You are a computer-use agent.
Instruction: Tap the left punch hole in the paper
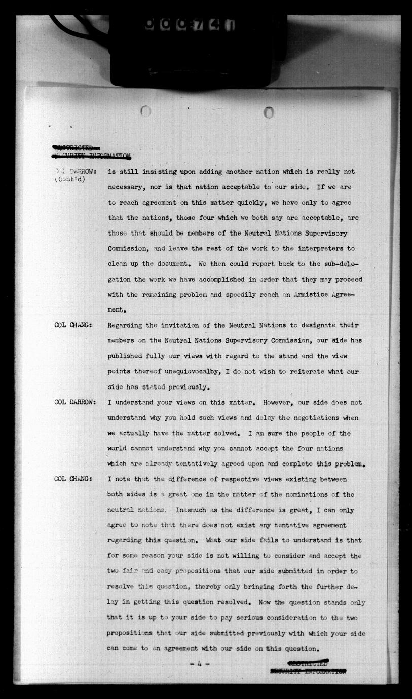click(146, 111)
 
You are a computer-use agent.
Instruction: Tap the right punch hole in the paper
click(269, 112)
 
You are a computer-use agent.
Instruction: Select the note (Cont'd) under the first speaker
click(69, 179)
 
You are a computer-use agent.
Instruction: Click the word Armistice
click(293, 295)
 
